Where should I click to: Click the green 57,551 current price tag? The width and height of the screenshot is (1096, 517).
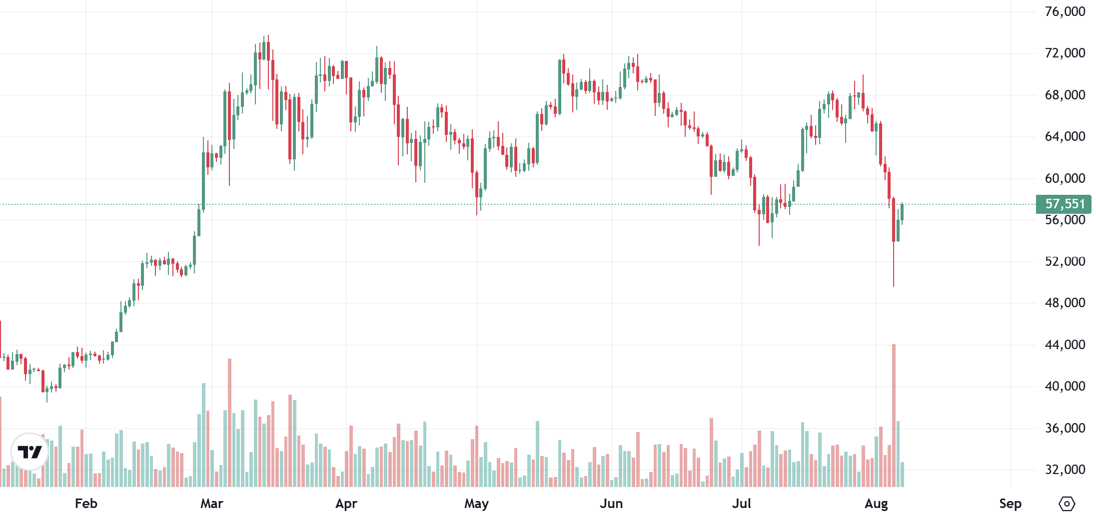[1064, 204]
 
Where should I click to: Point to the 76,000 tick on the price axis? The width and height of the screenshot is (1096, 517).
[1065, 11]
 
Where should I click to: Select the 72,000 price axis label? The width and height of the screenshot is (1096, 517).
[1065, 53]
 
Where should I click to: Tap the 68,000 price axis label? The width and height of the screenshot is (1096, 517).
[1065, 95]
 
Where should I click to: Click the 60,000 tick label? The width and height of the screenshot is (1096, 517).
[1065, 178]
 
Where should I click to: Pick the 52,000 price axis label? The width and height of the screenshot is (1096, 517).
[1065, 261]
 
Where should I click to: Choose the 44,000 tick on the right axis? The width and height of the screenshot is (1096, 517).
[1065, 345]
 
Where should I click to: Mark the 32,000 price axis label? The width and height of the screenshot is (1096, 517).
[1065, 470]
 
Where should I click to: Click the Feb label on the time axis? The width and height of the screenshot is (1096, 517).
[86, 504]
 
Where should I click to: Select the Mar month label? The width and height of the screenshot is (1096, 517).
[212, 504]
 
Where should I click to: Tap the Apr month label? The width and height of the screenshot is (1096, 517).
[346, 504]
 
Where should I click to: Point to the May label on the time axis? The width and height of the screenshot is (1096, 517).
[476, 504]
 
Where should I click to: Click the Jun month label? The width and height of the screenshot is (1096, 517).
[611, 504]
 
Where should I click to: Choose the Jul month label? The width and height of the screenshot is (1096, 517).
[742, 504]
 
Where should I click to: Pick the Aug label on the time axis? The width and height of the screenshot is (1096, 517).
[876, 504]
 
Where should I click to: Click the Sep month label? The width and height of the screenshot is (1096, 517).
[1010, 504]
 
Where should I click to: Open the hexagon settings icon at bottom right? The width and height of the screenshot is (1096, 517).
[1067, 504]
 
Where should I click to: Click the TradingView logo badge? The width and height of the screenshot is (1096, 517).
[29, 452]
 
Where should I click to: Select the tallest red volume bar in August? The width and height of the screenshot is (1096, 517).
[894, 415]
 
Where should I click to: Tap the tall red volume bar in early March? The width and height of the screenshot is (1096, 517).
[229, 422]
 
